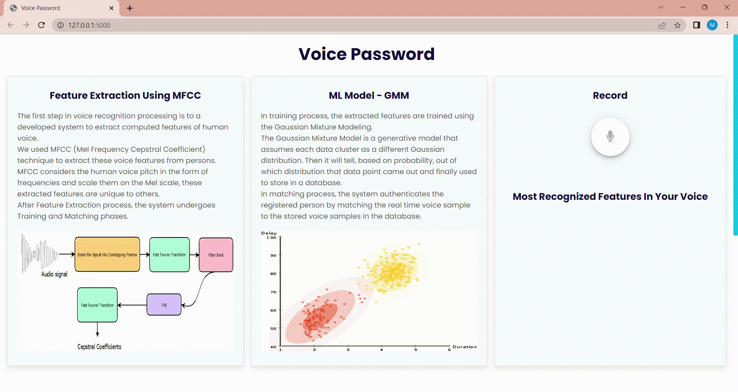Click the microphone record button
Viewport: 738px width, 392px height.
tap(610, 136)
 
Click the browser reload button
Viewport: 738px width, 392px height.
tap(42, 25)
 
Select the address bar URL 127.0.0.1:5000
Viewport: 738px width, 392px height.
tap(89, 25)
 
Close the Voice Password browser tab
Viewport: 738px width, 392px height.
tap(111, 8)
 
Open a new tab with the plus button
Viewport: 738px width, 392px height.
tap(130, 8)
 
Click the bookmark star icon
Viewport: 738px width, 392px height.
tap(677, 25)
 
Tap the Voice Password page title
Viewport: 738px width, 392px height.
tap(367, 54)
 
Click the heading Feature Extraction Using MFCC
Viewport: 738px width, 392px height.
tap(125, 95)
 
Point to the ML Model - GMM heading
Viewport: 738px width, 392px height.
tap(369, 95)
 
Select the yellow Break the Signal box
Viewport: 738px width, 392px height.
tap(107, 254)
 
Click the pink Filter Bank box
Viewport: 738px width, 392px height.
tap(216, 255)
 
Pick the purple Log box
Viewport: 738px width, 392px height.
tap(164, 305)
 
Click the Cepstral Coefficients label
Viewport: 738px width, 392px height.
tap(99, 347)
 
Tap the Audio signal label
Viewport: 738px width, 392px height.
tap(54, 274)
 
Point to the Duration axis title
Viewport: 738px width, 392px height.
tap(464, 347)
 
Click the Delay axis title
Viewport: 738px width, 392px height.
tap(269, 233)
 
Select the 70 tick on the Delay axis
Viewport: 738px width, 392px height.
tap(273, 292)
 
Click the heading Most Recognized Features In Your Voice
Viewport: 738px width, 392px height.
tap(610, 196)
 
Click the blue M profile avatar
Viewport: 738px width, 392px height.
tap(712, 25)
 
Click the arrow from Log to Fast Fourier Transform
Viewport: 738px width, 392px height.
tap(132, 305)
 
